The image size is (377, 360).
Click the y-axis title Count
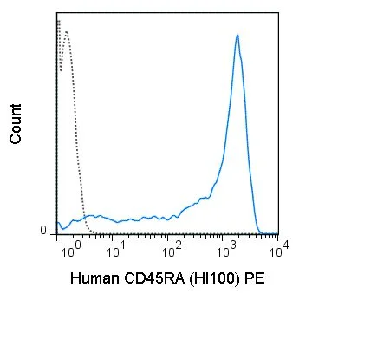click(x=16, y=124)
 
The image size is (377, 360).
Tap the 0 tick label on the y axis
click(x=43, y=231)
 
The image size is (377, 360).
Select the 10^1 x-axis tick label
click(x=116, y=251)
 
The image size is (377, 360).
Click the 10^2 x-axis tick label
click(x=172, y=251)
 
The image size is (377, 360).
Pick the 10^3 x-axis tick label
click(x=227, y=251)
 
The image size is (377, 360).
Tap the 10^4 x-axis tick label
click(x=279, y=250)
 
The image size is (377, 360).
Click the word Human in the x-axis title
click(x=94, y=278)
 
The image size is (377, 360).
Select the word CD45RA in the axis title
click(x=154, y=278)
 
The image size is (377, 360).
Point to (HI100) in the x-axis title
click(x=214, y=279)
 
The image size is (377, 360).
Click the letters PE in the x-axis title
click(x=255, y=278)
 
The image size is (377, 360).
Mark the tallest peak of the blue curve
click(x=237, y=36)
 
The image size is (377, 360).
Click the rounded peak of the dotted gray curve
click(x=67, y=32)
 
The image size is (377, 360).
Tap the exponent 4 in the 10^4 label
click(x=285, y=245)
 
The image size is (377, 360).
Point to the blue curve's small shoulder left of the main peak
click(x=205, y=198)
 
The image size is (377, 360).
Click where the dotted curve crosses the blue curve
click(x=84, y=217)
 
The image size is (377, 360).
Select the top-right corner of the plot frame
click(x=278, y=13)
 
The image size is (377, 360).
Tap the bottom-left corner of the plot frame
click(x=57, y=234)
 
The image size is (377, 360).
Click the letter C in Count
click(x=16, y=138)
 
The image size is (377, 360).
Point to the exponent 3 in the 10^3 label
click(x=233, y=246)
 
